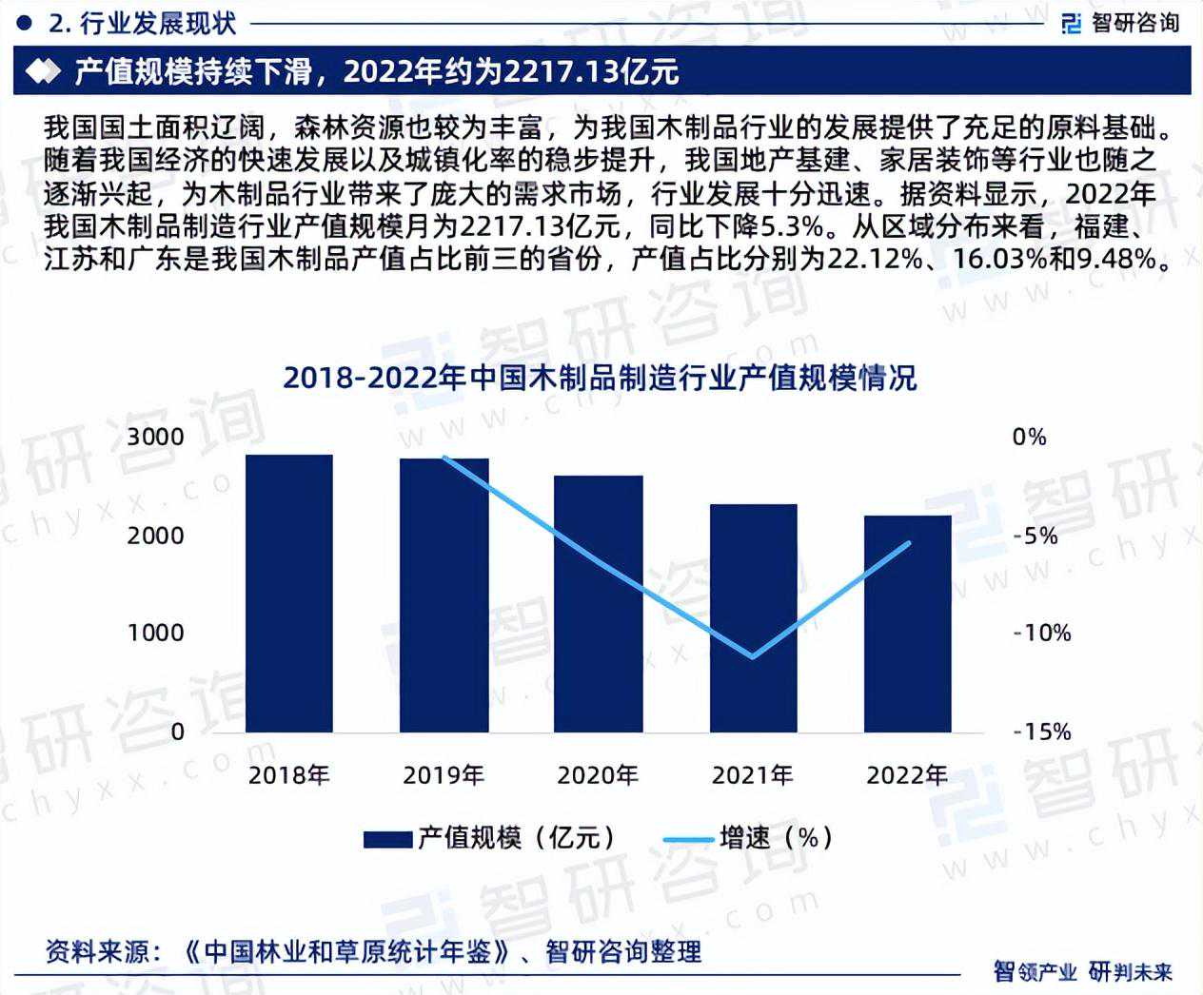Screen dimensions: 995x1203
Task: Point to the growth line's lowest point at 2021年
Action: (x=753, y=656)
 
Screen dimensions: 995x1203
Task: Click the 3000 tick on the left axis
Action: (x=156, y=438)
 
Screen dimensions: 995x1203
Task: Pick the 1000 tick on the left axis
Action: (x=156, y=633)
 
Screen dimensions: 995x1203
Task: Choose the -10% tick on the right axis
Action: (x=1041, y=633)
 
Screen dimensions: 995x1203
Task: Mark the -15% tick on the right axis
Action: (x=1041, y=732)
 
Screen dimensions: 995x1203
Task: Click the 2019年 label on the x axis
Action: (x=444, y=775)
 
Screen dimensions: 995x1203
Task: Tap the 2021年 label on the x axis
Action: (x=753, y=775)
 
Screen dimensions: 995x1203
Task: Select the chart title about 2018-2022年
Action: (x=600, y=378)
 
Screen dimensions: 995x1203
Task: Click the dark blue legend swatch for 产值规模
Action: (x=387, y=838)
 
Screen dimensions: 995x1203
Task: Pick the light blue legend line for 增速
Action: (x=688, y=838)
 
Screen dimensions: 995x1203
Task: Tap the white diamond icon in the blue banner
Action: (x=41, y=72)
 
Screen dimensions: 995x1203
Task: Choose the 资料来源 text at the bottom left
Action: (x=95, y=950)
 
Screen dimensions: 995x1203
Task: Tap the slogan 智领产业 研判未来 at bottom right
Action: (x=1082, y=971)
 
